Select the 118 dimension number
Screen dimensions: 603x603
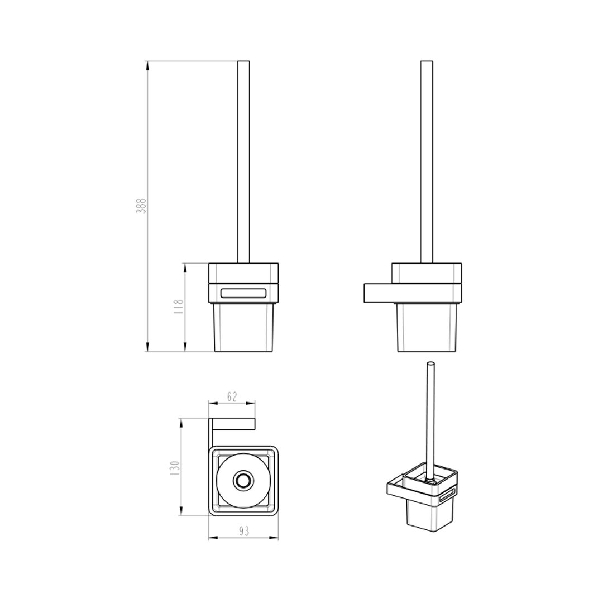pyautogui.click(x=179, y=307)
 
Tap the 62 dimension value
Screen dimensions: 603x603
pyautogui.click(x=232, y=396)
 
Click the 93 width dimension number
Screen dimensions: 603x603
pyautogui.click(x=244, y=532)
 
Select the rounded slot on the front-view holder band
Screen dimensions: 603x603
pyautogui.click(x=243, y=294)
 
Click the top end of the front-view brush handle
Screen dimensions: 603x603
pyautogui.click(x=243, y=61)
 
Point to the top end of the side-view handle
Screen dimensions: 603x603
pyautogui.click(x=427, y=61)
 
